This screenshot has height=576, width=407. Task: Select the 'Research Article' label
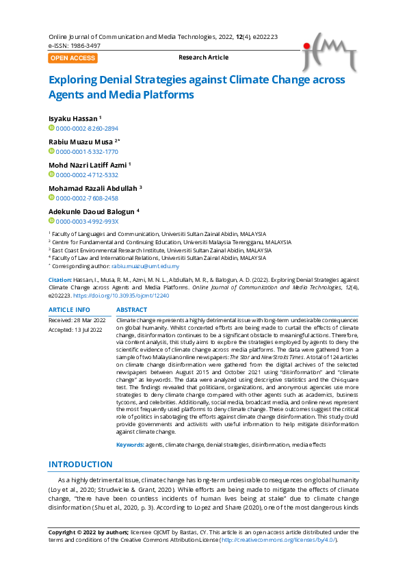(203, 57)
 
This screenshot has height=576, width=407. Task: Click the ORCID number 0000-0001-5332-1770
(86, 151)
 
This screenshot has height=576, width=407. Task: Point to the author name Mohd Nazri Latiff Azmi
(88, 165)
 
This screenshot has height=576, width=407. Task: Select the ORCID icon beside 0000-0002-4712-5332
(51, 174)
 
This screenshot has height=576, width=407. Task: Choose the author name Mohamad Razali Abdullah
(92, 188)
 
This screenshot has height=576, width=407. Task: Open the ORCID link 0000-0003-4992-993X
(86, 221)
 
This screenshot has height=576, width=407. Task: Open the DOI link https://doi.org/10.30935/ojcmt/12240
(120, 296)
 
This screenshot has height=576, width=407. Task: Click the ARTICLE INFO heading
(68, 310)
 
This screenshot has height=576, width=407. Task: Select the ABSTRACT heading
(132, 310)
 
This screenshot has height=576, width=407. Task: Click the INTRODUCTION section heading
(80, 464)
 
